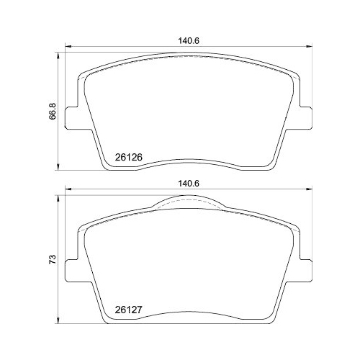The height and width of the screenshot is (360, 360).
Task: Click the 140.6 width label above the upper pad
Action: point(188,41)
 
